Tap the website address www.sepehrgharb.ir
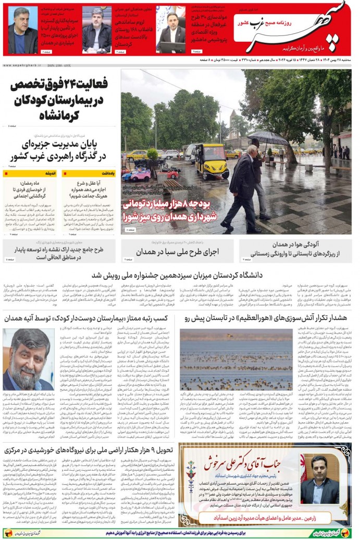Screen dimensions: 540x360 23,66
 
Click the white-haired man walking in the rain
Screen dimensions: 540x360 245,185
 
